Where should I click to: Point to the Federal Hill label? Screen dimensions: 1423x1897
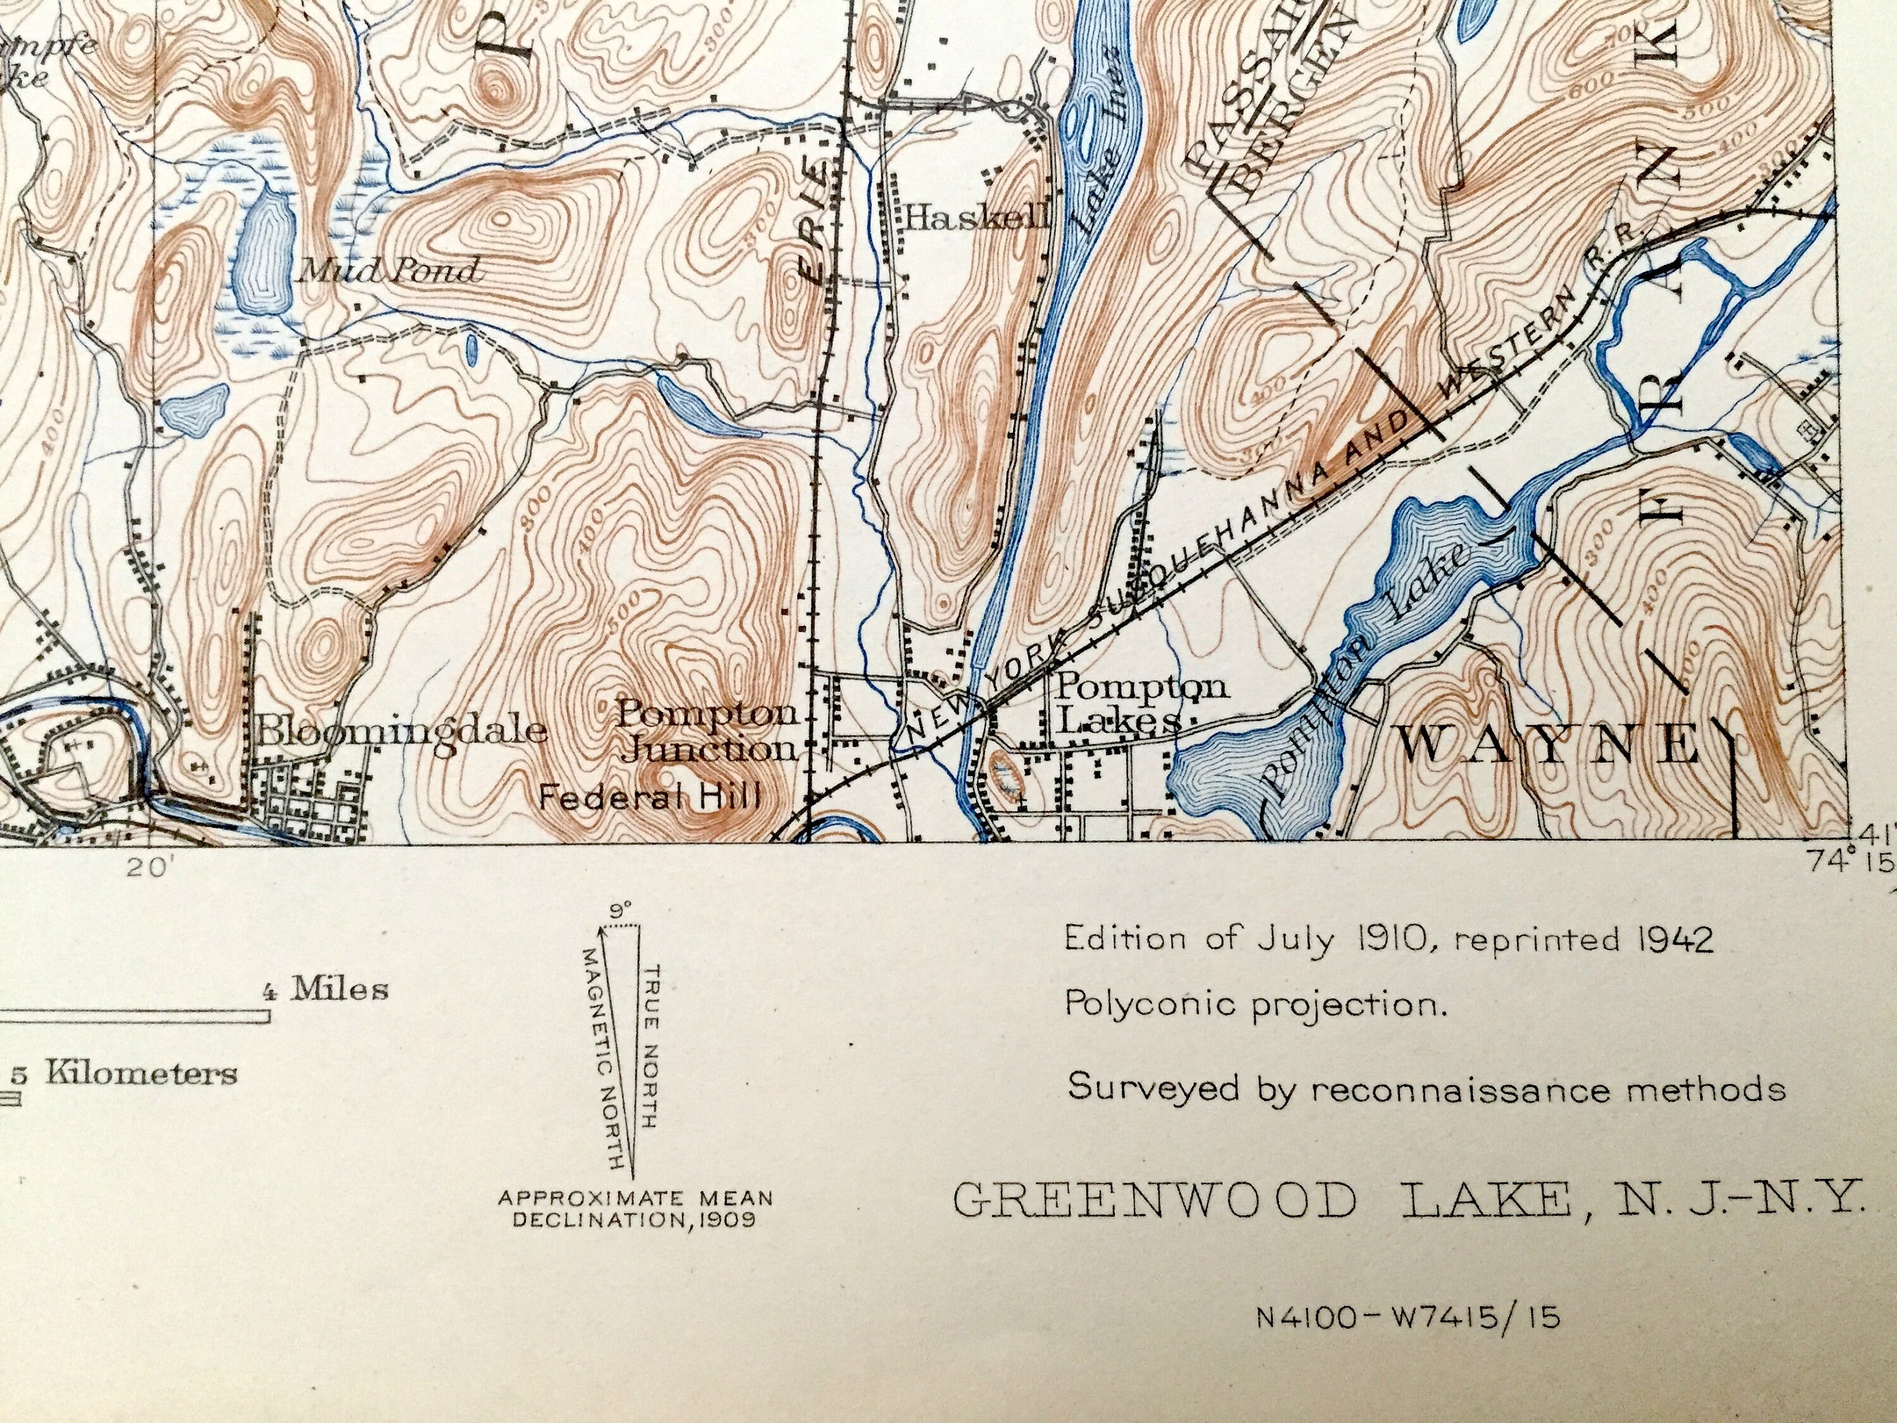pyautogui.click(x=650, y=799)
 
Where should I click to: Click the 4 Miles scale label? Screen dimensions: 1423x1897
pyautogui.click(x=324, y=990)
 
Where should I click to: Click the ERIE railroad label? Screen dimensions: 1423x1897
pyautogui.click(x=817, y=231)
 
